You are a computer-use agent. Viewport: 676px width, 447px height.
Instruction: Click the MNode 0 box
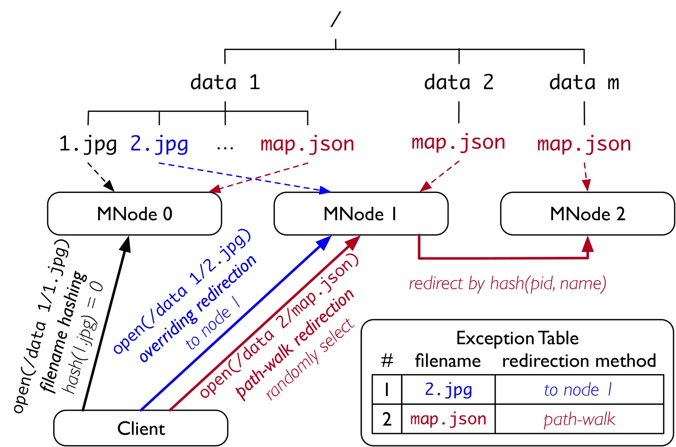tap(135, 214)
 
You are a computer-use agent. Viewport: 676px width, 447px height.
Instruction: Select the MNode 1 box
tap(361, 214)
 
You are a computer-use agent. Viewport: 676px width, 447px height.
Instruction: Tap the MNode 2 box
tap(587, 214)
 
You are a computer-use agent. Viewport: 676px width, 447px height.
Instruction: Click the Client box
tap(141, 428)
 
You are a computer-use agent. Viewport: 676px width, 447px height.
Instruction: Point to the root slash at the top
tap(336, 19)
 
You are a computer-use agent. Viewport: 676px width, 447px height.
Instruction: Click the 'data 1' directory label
tap(225, 82)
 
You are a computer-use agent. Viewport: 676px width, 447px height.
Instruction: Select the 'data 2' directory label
tap(459, 82)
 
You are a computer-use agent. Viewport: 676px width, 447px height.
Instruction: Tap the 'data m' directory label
tap(584, 82)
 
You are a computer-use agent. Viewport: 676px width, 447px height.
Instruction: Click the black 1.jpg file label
tap(88, 144)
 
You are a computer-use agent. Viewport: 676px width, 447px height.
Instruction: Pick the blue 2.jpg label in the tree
tap(159, 144)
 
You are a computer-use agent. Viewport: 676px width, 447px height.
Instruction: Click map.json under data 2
tap(458, 142)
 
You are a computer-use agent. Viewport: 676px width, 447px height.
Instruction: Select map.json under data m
tap(584, 144)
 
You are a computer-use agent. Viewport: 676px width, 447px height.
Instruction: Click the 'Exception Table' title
tap(517, 338)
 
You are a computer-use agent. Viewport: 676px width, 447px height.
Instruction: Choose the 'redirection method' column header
tap(579, 361)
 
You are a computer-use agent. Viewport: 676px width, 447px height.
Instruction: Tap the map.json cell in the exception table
tap(448, 419)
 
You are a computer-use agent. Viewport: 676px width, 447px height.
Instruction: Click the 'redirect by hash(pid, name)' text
tap(508, 283)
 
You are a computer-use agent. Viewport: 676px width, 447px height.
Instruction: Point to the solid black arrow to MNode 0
tap(106, 323)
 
